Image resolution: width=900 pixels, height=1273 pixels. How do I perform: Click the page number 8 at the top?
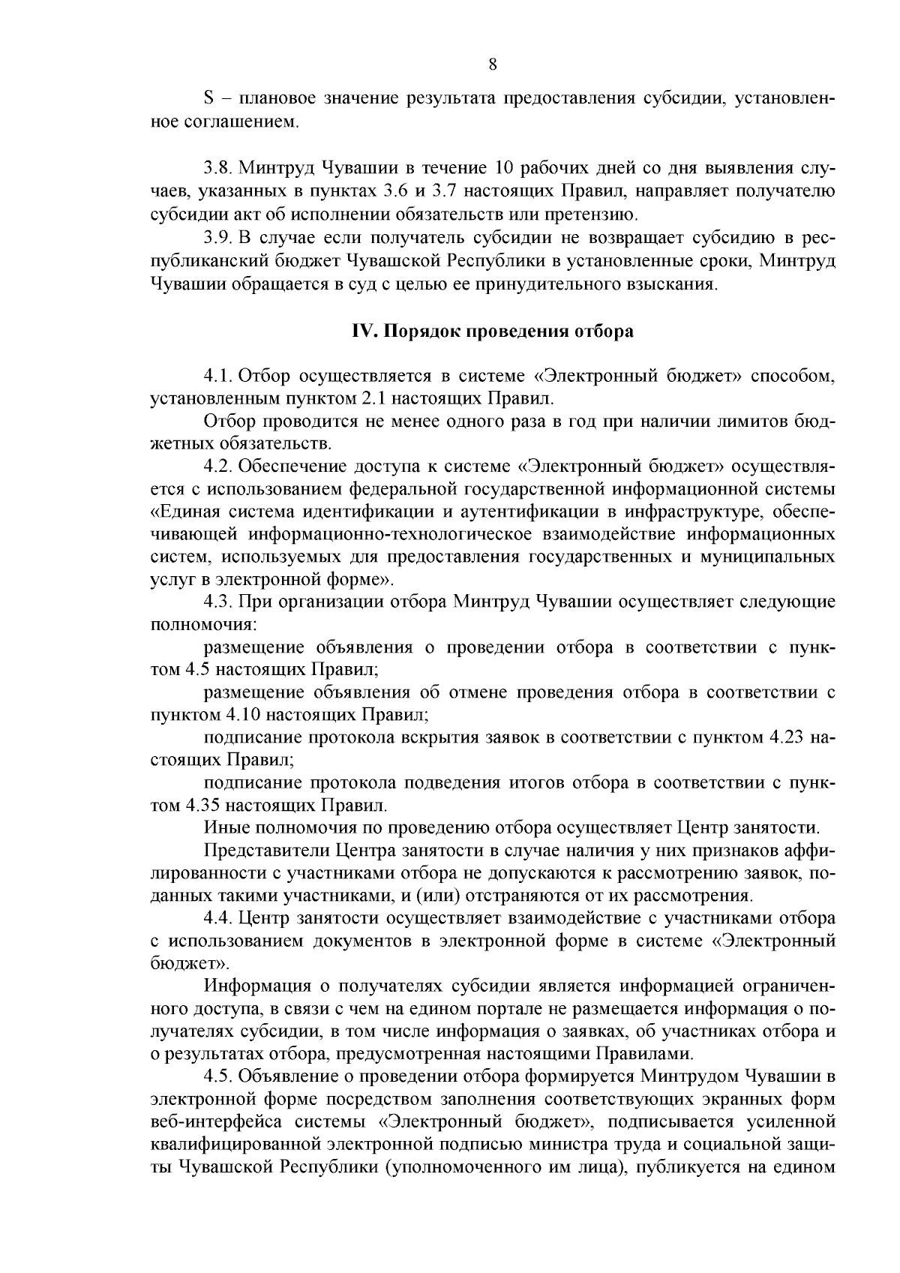click(492, 65)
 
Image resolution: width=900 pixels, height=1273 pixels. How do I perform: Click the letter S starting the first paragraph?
click(208, 98)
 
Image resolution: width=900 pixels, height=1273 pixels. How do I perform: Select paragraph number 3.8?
click(217, 166)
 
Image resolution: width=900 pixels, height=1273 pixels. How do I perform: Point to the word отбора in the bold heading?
click(604, 332)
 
